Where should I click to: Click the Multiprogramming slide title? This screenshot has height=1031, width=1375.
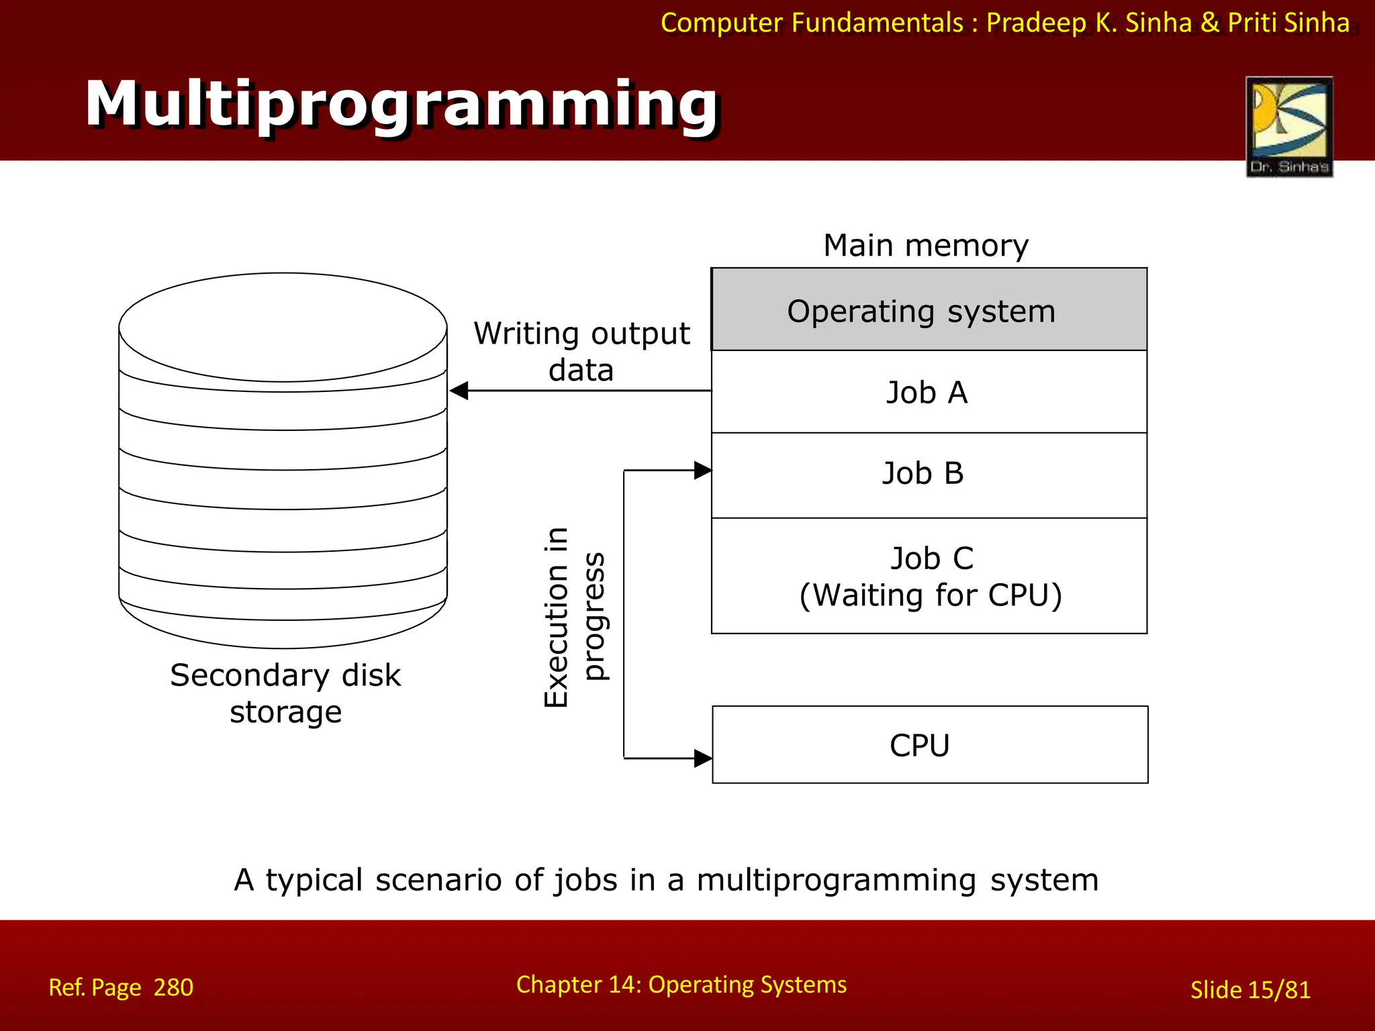(x=401, y=104)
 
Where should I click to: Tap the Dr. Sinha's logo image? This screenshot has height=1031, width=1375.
(x=1289, y=126)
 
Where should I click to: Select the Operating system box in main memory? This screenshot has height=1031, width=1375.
(x=929, y=310)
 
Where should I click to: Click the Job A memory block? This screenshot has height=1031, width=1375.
(x=929, y=392)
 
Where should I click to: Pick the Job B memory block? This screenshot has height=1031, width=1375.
(x=929, y=474)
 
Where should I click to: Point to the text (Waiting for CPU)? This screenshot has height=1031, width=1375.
(x=931, y=595)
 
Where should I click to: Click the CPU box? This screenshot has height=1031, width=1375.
(x=929, y=744)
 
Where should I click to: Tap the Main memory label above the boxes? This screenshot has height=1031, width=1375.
(x=925, y=246)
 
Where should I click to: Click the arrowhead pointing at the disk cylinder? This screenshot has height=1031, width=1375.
(x=459, y=391)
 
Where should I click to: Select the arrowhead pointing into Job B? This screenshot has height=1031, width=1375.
(x=702, y=471)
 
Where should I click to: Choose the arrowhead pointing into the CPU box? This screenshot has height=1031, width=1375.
(x=702, y=758)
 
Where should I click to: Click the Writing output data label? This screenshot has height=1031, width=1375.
(x=581, y=351)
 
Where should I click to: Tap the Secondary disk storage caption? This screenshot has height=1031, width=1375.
(x=285, y=693)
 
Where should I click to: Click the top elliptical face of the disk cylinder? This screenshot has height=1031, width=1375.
(x=283, y=327)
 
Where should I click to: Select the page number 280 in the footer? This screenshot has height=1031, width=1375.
(x=173, y=987)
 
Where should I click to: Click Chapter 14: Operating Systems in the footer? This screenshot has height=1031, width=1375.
(x=681, y=985)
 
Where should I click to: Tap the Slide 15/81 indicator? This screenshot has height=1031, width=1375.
(x=1249, y=990)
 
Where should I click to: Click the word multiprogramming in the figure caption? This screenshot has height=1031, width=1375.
(x=836, y=880)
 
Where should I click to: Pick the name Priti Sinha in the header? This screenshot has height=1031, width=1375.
(x=1288, y=23)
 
